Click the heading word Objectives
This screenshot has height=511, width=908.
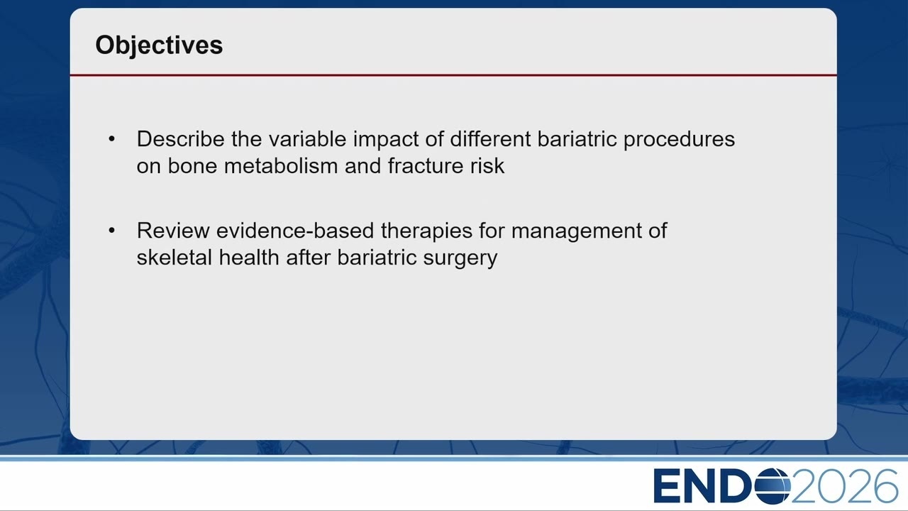(x=159, y=45)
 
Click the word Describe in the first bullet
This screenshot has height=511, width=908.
(x=180, y=138)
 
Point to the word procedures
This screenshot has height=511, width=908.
(x=679, y=140)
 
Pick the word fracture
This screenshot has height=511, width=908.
(x=425, y=166)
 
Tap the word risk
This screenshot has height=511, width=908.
(x=487, y=166)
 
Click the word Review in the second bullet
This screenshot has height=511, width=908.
(x=173, y=231)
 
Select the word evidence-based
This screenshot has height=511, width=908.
(x=295, y=231)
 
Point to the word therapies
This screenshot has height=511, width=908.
(x=426, y=231)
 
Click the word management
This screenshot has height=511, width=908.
(x=577, y=231)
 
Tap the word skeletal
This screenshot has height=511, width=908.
(x=175, y=257)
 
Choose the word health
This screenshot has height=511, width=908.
(x=249, y=257)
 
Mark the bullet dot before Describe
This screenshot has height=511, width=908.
(x=112, y=139)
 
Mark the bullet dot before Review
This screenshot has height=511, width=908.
(x=112, y=231)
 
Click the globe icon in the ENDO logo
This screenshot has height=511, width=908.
(x=773, y=485)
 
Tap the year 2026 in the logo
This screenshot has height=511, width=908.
(x=844, y=485)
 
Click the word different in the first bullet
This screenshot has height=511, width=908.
(x=490, y=138)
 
